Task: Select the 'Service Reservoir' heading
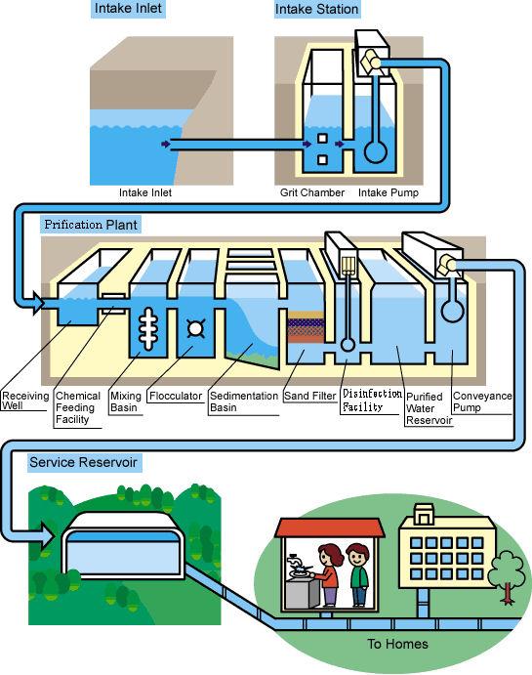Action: [83, 461]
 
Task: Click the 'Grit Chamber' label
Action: [306, 193]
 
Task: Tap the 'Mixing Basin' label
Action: [125, 401]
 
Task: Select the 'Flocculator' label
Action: [176, 397]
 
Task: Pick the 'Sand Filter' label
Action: [309, 397]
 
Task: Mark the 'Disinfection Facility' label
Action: [371, 401]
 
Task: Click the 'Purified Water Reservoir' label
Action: [429, 408]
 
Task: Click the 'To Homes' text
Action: [397, 645]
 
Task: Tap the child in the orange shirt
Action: [358, 576]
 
